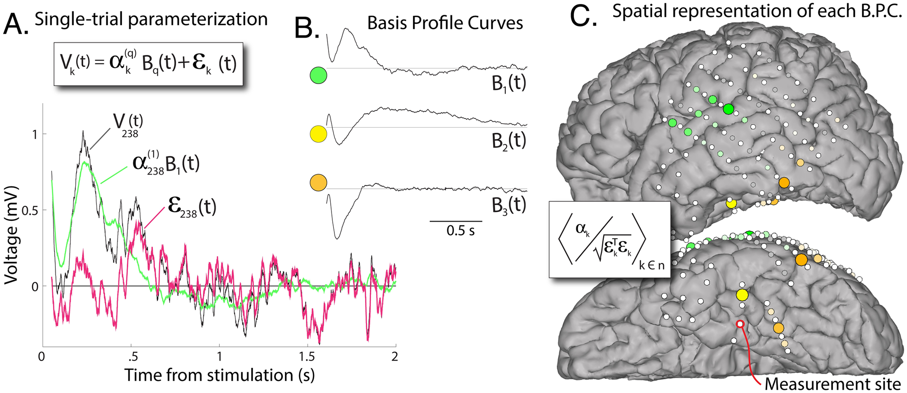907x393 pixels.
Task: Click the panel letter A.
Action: (x=15, y=24)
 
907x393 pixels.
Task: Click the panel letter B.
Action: (x=307, y=28)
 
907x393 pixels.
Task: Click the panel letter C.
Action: (x=583, y=16)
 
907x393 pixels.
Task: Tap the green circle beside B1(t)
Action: (x=318, y=76)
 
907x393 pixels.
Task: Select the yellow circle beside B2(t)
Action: (x=318, y=134)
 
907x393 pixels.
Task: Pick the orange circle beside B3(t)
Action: (x=318, y=183)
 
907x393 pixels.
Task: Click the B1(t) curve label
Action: (x=509, y=84)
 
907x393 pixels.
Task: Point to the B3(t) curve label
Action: (x=509, y=205)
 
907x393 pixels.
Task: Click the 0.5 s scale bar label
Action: (x=460, y=231)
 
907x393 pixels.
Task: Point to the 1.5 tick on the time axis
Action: (x=307, y=356)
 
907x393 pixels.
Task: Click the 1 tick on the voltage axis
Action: (x=35, y=134)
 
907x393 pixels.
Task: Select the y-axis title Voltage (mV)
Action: (x=12, y=235)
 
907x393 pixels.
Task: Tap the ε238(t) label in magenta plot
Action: (x=192, y=207)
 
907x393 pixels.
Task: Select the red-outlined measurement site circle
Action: (x=740, y=324)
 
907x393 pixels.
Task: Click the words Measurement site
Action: (x=832, y=384)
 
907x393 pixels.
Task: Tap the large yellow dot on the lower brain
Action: (x=742, y=295)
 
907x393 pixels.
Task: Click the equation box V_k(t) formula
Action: (x=148, y=64)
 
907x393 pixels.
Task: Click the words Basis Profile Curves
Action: (x=445, y=23)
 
